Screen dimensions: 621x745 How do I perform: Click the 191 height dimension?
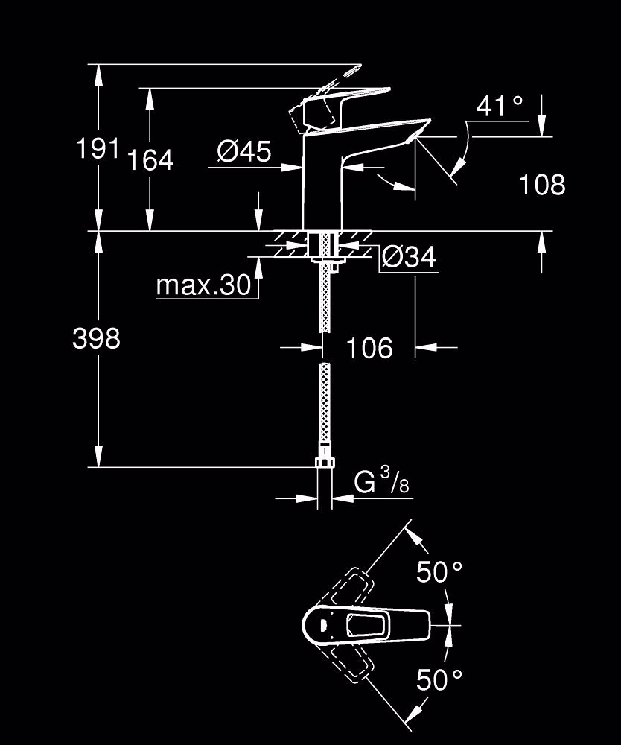click(x=98, y=149)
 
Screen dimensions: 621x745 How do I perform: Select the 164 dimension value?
click(x=151, y=160)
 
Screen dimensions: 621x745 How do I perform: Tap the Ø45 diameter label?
click(x=244, y=151)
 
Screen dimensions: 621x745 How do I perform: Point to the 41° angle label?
click(x=500, y=107)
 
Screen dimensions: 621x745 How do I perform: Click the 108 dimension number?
click(x=542, y=184)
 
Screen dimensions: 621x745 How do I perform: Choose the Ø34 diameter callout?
click(x=409, y=258)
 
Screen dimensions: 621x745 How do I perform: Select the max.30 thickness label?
click(x=204, y=285)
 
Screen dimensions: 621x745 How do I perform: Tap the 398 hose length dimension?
click(x=96, y=339)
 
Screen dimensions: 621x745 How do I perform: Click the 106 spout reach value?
click(x=369, y=348)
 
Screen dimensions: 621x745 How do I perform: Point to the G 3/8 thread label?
click(x=381, y=481)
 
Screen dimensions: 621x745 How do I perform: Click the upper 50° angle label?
click(x=439, y=571)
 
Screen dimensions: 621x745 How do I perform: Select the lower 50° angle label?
click(x=439, y=679)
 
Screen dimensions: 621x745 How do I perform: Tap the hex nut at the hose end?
click(x=324, y=463)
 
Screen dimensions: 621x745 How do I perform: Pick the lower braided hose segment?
click(x=324, y=403)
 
